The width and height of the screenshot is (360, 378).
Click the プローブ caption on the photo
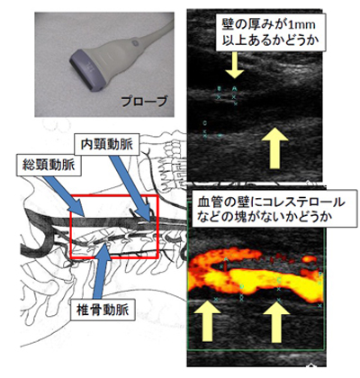pos(144,102)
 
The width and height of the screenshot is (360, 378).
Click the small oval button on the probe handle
pos(134,42)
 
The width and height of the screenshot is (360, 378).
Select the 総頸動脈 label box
pos(49,165)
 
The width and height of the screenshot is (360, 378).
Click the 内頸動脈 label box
pos(107,145)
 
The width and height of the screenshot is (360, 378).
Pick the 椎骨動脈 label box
pos(103,310)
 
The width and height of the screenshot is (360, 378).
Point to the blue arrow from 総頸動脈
pos(64,195)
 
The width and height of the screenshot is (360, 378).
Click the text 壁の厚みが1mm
pos(268,24)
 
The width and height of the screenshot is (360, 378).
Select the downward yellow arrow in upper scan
pos(235,65)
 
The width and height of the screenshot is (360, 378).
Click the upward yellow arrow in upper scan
pos(274,148)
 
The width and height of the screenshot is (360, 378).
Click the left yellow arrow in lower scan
pos(208,321)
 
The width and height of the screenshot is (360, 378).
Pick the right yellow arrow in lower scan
pos(276,321)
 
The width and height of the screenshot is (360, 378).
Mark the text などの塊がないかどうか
pos(265,217)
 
